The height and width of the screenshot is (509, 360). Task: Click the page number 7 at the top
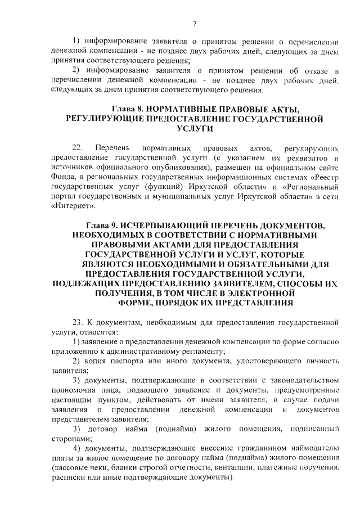194,23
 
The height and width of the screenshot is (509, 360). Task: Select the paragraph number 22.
78,148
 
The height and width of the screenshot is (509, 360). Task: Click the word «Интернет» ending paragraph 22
73,206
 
